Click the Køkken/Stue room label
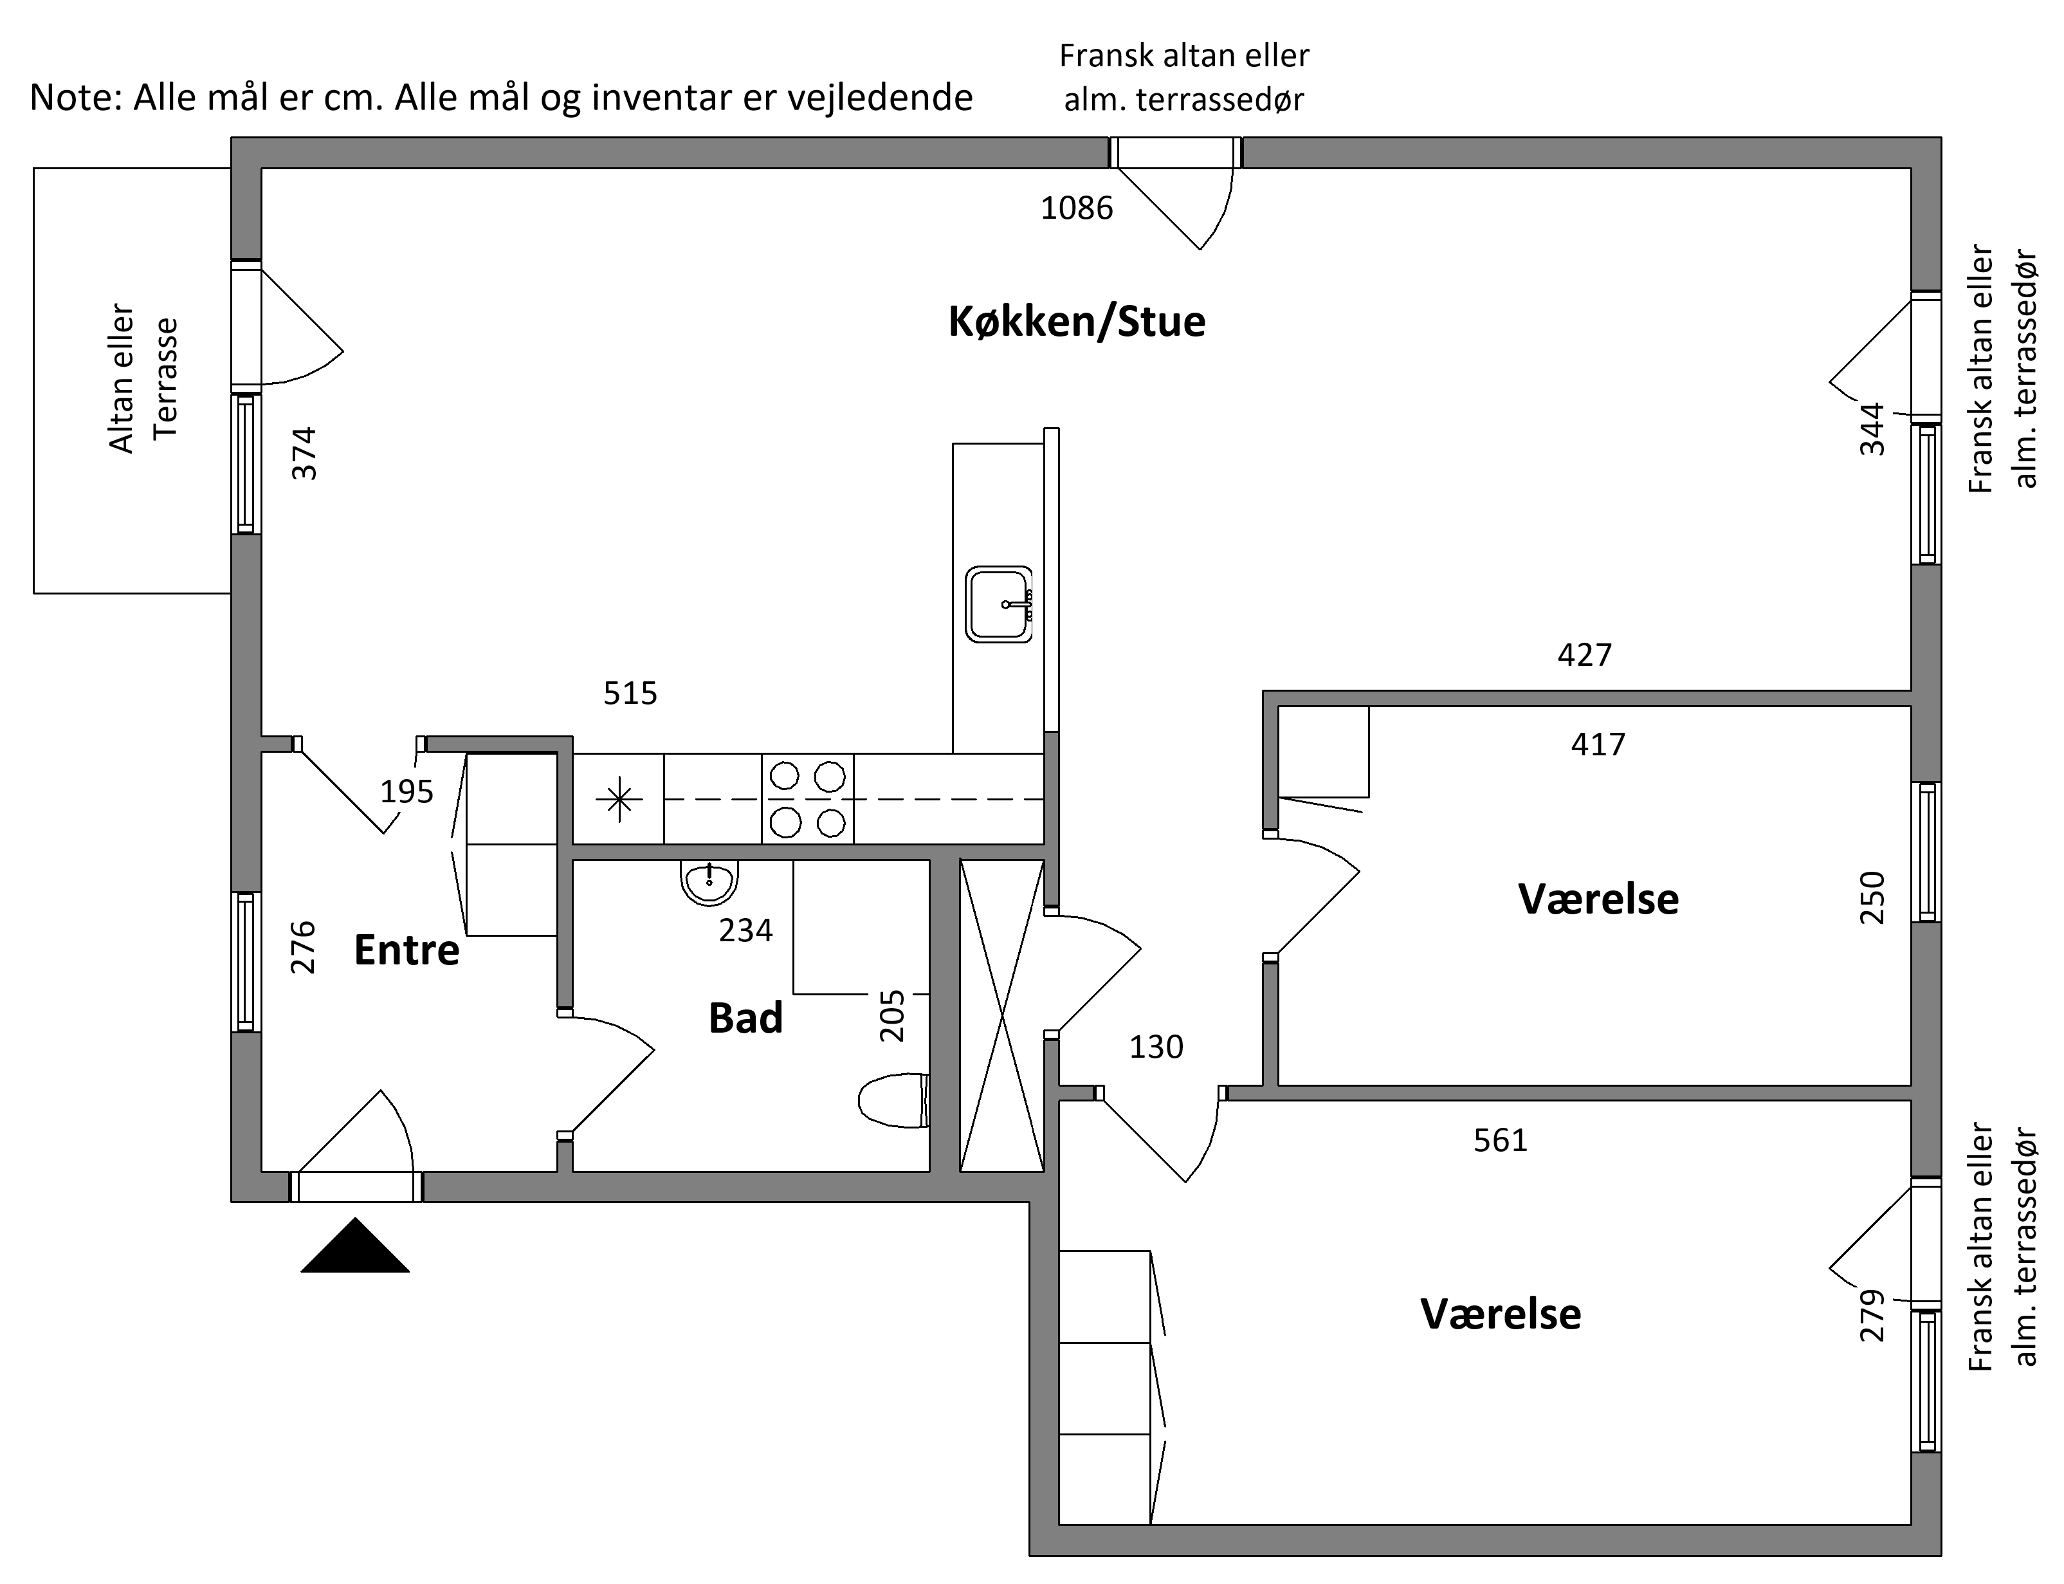1076,322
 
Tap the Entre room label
406,950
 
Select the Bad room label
745,1018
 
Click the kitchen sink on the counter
999,604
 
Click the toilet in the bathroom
893,1100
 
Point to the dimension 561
1501,1141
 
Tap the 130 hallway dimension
1156,1047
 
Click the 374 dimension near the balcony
304,454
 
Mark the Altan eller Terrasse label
143,378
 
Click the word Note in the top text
71,97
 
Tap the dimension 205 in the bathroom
891,1015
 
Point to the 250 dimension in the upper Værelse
1872,898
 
